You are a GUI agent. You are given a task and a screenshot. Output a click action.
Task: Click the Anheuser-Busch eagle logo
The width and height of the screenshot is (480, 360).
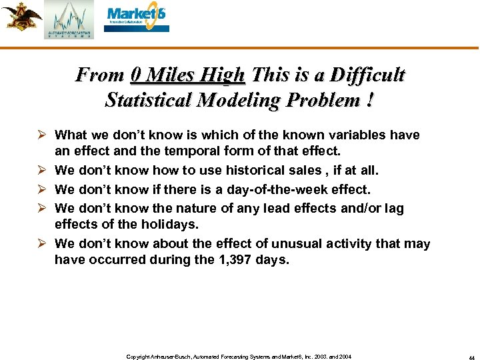pos(21,17)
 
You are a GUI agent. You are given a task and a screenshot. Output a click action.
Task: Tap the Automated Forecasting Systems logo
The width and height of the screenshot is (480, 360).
pos(69,20)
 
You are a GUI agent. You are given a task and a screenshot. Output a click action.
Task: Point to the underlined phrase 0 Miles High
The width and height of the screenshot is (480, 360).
pos(188,74)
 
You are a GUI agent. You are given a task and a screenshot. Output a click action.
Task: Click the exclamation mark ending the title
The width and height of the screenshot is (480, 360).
pos(369,100)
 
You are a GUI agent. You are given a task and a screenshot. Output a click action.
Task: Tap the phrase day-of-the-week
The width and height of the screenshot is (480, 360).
pos(282,190)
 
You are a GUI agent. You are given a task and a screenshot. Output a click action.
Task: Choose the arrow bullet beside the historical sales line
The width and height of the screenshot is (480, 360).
pos(44,171)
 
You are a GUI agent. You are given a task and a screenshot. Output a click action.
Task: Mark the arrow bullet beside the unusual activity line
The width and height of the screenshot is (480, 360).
pos(44,244)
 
